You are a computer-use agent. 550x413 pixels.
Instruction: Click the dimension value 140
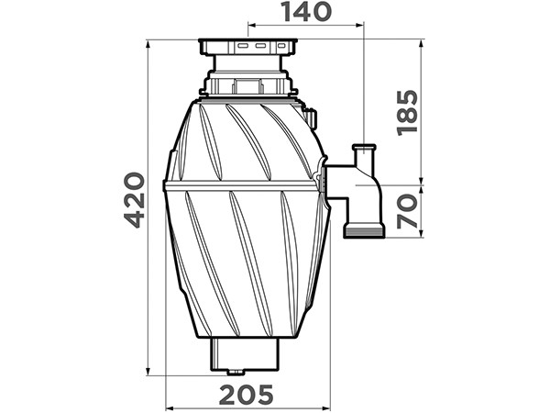(x=307, y=11)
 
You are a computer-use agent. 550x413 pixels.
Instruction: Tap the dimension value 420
(x=135, y=200)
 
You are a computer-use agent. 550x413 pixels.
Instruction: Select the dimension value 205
(x=246, y=394)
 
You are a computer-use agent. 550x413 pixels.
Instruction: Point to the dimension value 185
(x=407, y=113)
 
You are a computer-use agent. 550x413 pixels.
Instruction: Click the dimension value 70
(x=407, y=211)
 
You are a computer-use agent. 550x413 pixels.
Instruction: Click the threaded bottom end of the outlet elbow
(x=364, y=231)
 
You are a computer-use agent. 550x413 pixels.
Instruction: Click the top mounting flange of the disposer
(x=248, y=47)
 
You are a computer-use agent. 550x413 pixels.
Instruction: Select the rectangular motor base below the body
(x=245, y=354)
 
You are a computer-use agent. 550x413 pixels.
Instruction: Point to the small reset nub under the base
(x=236, y=373)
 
